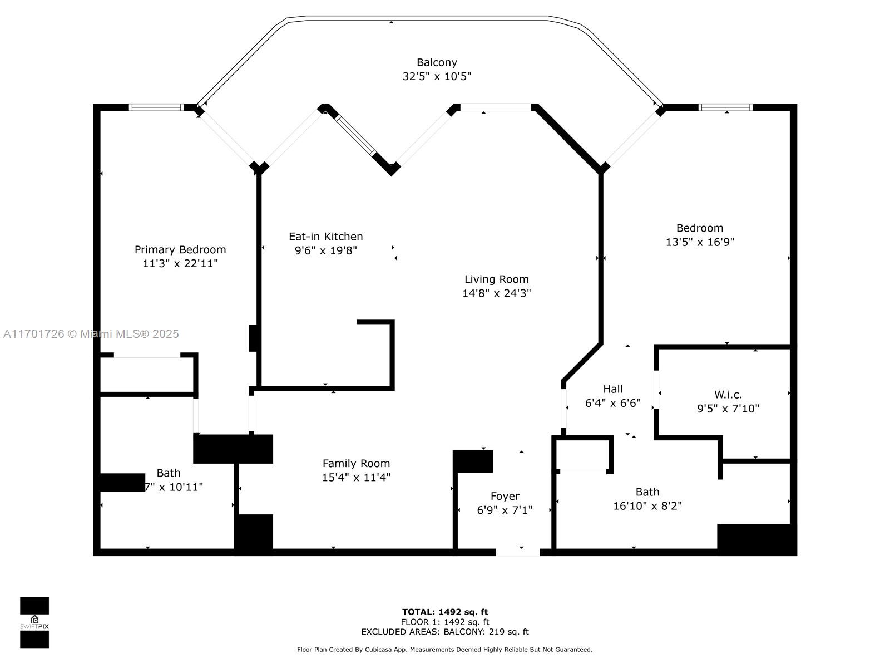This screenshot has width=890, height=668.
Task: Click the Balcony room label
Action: [x=437, y=62]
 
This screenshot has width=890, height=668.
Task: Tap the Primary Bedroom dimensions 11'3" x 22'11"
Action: [x=180, y=263]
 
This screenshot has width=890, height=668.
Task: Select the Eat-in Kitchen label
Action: [x=325, y=237]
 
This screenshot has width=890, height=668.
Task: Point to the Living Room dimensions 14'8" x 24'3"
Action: [x=496, y=293]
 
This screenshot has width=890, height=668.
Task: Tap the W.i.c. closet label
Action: [x=728, y=395]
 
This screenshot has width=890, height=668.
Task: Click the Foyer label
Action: [x=505, y=496]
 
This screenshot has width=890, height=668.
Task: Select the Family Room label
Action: [x=356, y=463]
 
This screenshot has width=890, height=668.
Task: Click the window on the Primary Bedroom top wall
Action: [x=156, y=107]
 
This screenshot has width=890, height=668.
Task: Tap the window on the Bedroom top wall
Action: [x=726, y=107]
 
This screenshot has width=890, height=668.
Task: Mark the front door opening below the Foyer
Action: [x=517, y=552]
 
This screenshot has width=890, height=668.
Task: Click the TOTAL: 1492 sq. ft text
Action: [x=445, y=612]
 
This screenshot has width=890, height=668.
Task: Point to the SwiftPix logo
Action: [x=34, y=622]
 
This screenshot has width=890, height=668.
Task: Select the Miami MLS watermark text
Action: [x=91, y=334]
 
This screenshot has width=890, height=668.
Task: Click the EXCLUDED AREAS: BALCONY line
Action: [x=445, y=632]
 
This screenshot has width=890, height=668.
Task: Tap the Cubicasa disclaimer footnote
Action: [x=445, y=650]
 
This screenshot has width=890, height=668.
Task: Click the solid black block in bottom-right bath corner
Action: [x=756, y=539]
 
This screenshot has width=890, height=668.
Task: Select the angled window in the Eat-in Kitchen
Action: [x=356, y=135]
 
